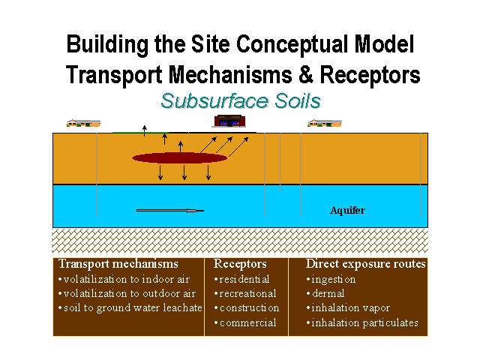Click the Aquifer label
point(347,211)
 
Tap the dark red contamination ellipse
point(179,157)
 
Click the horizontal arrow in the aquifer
point(169,211)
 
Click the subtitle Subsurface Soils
point(240,101)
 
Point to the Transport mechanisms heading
point(118,264)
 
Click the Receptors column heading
point(240,264)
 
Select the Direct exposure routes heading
point(366,264)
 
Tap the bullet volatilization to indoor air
point(124,279)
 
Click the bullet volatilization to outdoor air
point(127,293)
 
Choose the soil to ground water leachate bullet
point(130,307)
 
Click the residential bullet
point(241,279)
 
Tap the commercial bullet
point(244,322)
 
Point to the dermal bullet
point(327,293)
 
